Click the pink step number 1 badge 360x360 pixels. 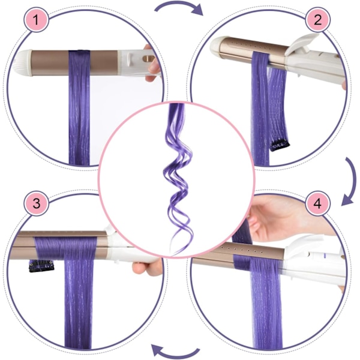click(x=36, y=20)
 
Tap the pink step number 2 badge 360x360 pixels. click(x=318, y=20)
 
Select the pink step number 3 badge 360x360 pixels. click(x=36, y=203)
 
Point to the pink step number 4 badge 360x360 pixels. click(x=318, y=203)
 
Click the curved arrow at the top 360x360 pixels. click(x=179, y=4)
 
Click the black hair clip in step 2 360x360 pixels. click(x=280, y=146)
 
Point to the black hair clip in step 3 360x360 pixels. click(x=41, y=266)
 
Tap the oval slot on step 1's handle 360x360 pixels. click(x=148, y=58)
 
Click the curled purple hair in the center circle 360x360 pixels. click(x=178, y=179)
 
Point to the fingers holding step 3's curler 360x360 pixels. click(x=147, y=268)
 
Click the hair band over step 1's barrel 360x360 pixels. click(x=79, y=63)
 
